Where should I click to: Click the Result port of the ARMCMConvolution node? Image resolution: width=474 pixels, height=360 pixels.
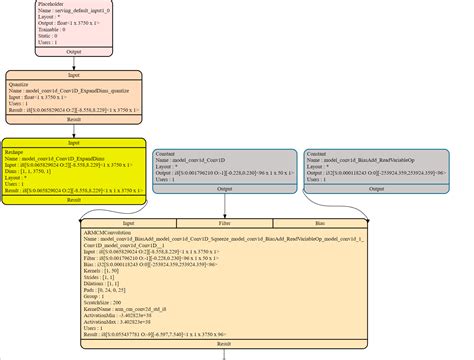[224, 343]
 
